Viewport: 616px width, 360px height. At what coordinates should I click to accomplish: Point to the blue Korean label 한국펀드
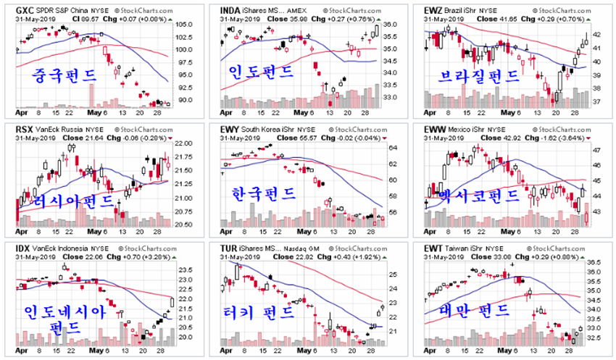click(x=262, y=193)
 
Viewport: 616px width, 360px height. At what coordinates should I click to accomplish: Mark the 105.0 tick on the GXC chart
click(x=183, y=25)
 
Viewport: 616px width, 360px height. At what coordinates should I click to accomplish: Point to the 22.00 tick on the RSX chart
click(x=184, y=144)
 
